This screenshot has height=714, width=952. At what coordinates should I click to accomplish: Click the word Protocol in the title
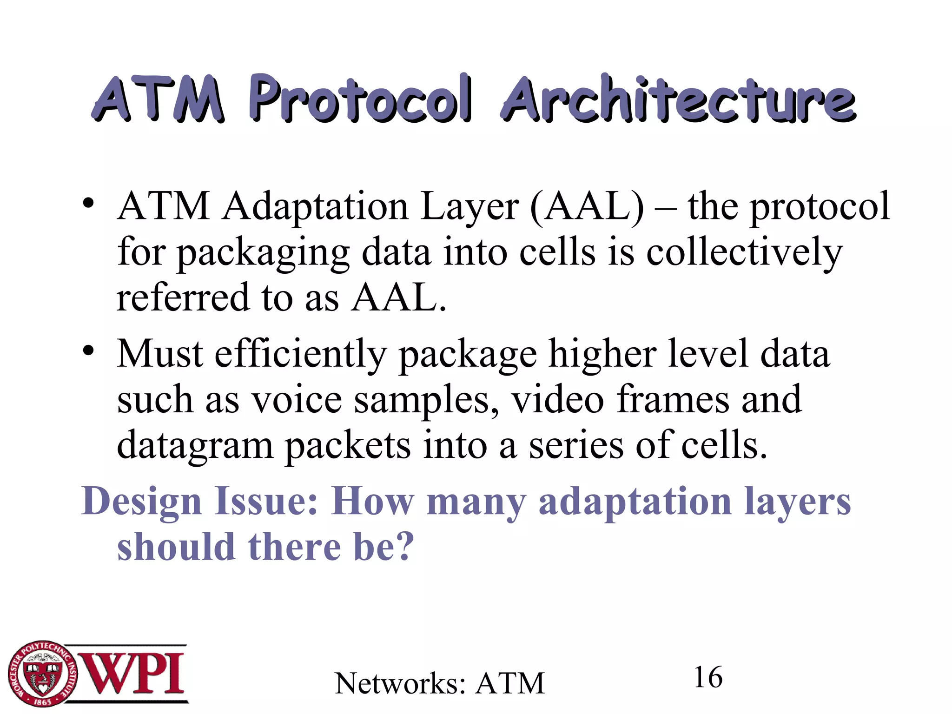coord(360,99)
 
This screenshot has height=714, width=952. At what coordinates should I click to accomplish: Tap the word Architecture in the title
coord(678,99)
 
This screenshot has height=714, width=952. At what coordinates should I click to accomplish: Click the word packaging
coord(263,253)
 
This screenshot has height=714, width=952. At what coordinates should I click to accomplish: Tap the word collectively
coord(744,253)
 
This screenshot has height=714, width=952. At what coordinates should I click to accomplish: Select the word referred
coord(183,297)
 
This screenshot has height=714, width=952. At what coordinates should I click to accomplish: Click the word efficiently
coord(300,354)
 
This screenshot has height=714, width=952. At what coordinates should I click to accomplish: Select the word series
coord(576,445)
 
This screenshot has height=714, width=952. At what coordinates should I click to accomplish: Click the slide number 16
coord(708,677)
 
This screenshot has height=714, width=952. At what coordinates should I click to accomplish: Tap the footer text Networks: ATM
coord(439,683)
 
